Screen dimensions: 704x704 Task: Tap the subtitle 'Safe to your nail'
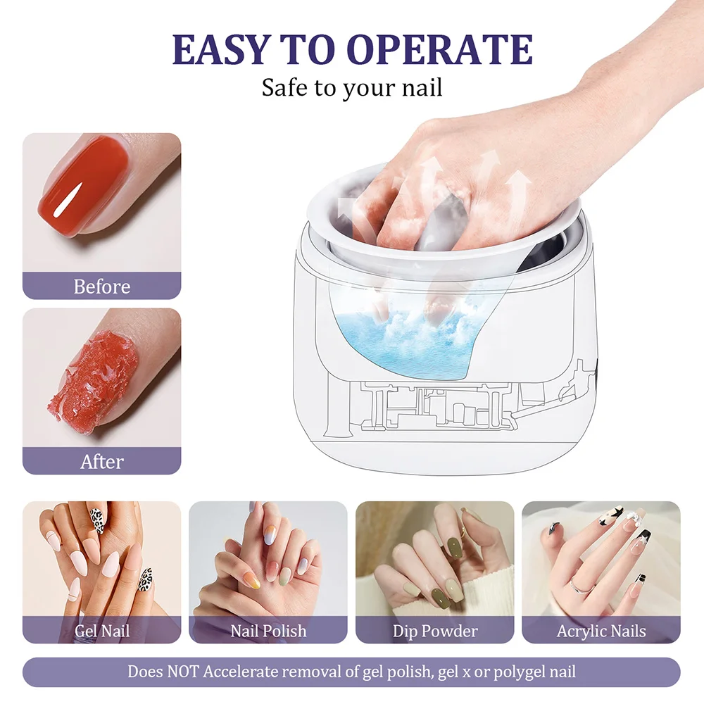click(x=352, y=88)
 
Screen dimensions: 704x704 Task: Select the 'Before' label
click(x=102, y=287)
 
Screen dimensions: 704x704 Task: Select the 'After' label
click(x=102, y=462)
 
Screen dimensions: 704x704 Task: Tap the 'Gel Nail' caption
click(x=102, y=630)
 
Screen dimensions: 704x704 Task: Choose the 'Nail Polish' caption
click(x=268, y=630)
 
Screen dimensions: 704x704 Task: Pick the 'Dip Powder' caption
click(x=434, y=630)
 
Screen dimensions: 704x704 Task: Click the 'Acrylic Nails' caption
click(x=601, y=630)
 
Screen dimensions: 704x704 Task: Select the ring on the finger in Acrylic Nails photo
click(x=579, y=584)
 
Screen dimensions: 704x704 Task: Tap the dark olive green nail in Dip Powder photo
click(x=453, y=546)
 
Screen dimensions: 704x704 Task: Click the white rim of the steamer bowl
click(x=444, y=264)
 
